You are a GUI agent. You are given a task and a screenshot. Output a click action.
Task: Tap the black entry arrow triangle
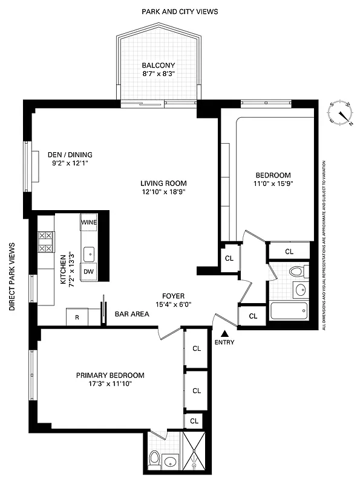click(224, 333)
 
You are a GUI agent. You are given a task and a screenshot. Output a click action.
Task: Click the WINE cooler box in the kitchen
click(89, 222)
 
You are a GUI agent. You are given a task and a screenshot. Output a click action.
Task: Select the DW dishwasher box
click(88, 272)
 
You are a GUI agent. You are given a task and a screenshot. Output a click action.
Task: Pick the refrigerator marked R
click(77, 316)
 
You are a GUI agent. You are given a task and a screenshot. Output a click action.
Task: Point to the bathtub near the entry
click(289, 312)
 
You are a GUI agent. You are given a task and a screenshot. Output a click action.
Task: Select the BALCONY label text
click(159, 66)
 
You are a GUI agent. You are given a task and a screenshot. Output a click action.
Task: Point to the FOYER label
click(172, 296)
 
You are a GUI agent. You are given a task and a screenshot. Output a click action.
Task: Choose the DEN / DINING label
click(70, 155)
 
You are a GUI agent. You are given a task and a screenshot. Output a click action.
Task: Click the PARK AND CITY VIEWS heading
click(180, 11)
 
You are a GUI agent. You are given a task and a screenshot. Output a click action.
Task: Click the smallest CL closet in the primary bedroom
click(194, 421)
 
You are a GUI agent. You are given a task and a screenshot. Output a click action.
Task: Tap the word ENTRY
click(224, 342)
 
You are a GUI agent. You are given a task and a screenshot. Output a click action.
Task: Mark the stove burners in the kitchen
click(45, 241)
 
